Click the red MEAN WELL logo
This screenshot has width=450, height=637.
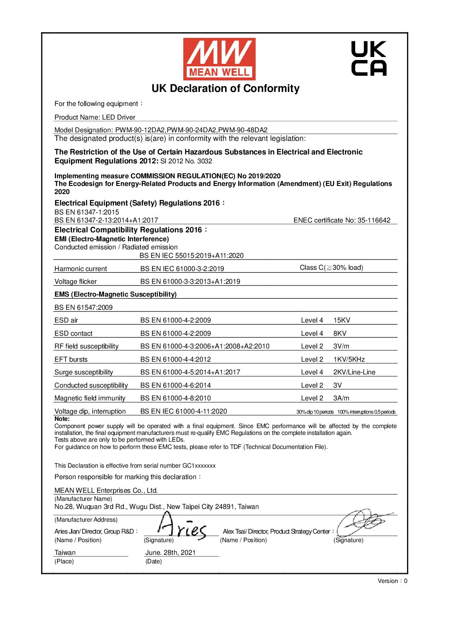pyautogui.click(x=219, y=59)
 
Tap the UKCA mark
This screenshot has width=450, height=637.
pyautogui.click(x=369, y=58)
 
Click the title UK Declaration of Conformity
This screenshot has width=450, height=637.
pyautogui.click(x=225, y=89)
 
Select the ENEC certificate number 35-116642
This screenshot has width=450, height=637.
pyautogui.click(x=374, y=220)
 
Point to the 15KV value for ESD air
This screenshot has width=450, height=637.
pyautogui.click(x=342, y=320)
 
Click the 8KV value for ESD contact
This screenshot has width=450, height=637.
pyautogui.click(x=339, y=333)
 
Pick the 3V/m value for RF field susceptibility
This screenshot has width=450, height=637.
pyautogui.click(x=341, y=346)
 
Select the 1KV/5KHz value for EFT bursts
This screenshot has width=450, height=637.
pyautogui.click(x=349, y=359)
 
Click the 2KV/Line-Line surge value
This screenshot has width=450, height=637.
pyautogui.click(x=354, y=372)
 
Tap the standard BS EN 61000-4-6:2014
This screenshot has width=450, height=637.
pyautogui.click(x=175, y=385)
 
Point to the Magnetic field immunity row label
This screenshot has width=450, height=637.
pyautogui.click(x=90, y=398)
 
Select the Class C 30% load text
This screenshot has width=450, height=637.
pyautogui.click(x=331, y=268)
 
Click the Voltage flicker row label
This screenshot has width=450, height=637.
pyautogui.click(x=75, y=281)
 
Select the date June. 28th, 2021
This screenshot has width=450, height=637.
pyautogui.click(x=170, y=552)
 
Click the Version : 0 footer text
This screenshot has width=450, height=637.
pyautogui.click(x=392, y=581)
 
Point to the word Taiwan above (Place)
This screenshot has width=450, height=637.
pyautogui.click(x=65, y=552)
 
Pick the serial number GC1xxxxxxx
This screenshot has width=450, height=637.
pyautogui.click(x=196, y=466)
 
